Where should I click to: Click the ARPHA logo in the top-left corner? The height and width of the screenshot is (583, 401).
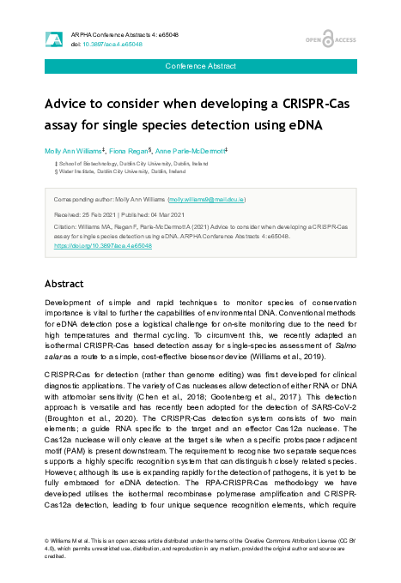tap(53, 39)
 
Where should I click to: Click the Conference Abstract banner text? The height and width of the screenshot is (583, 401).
tap(200, 65)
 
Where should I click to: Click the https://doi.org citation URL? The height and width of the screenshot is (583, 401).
tap(102, 245)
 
